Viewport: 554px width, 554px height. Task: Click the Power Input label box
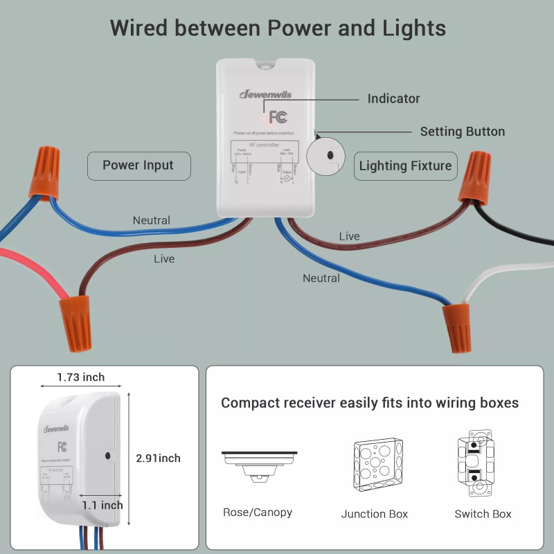coord(138,166)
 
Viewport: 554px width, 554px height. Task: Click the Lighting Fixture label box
coord(405,166)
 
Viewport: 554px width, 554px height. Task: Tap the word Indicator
coord(393,99)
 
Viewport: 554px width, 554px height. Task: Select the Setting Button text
coord(462,132)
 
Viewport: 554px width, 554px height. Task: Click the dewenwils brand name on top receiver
coord(265,94)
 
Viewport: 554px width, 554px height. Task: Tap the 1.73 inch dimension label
coord(81,377)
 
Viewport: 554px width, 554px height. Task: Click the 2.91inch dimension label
coord(159,458)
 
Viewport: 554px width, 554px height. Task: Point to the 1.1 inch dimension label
coord(102,506)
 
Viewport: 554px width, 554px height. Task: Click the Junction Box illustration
coord(375,465)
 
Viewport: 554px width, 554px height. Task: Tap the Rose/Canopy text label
coord(258,512)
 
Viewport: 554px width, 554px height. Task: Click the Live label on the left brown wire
coord(164,259)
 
